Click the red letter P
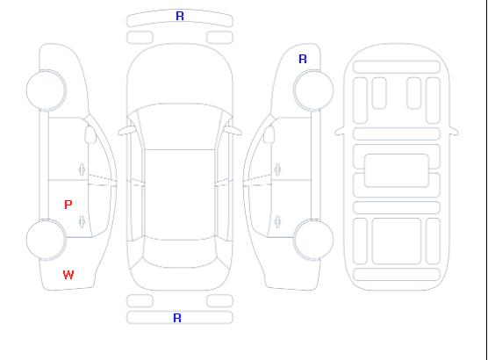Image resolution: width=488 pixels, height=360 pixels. click(x=68, y=205)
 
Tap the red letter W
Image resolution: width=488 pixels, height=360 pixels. click(x=68, y=275)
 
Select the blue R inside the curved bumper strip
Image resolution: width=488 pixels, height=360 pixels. click(x=180, y=16)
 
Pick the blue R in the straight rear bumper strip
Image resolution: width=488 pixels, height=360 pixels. click(x=177, y=318)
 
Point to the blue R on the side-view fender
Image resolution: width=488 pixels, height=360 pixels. click(x=303, y=59)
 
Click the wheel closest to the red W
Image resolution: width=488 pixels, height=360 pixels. click(x=46, y=240)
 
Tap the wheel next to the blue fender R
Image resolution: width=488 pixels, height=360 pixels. click(x=313, y=90)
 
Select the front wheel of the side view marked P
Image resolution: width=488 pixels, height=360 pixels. click(x=46, y=90)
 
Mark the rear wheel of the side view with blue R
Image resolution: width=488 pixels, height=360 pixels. click(x=313, y=240)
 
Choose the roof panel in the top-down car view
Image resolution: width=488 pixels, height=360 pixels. click(x=180, y=195)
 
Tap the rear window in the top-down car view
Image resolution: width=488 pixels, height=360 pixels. click(x=180, y=253)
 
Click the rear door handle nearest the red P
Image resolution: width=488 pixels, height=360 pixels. click(x=83, y=221)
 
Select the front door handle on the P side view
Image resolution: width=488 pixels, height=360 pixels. click(x=83, y=169)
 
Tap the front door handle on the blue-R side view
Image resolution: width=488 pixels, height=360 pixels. click(x=277, y=169)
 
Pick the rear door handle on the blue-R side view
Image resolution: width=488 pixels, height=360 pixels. click(x=277, y=221)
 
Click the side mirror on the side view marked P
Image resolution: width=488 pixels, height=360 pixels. click(x=90, y=134)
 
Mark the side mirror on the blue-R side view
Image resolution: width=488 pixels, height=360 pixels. click(x=269, y=134)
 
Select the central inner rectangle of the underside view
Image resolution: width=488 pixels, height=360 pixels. click(x=397, y=170)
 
